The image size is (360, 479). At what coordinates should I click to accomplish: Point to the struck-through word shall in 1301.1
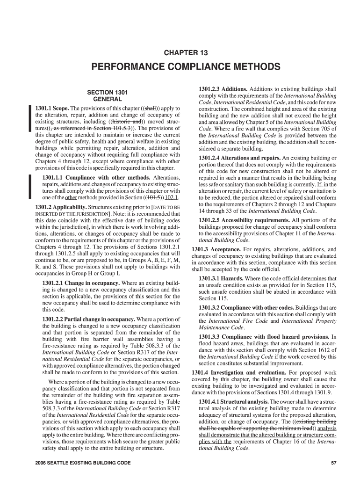coord(150,108)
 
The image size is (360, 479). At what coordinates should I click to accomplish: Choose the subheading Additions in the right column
coord(235,89)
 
